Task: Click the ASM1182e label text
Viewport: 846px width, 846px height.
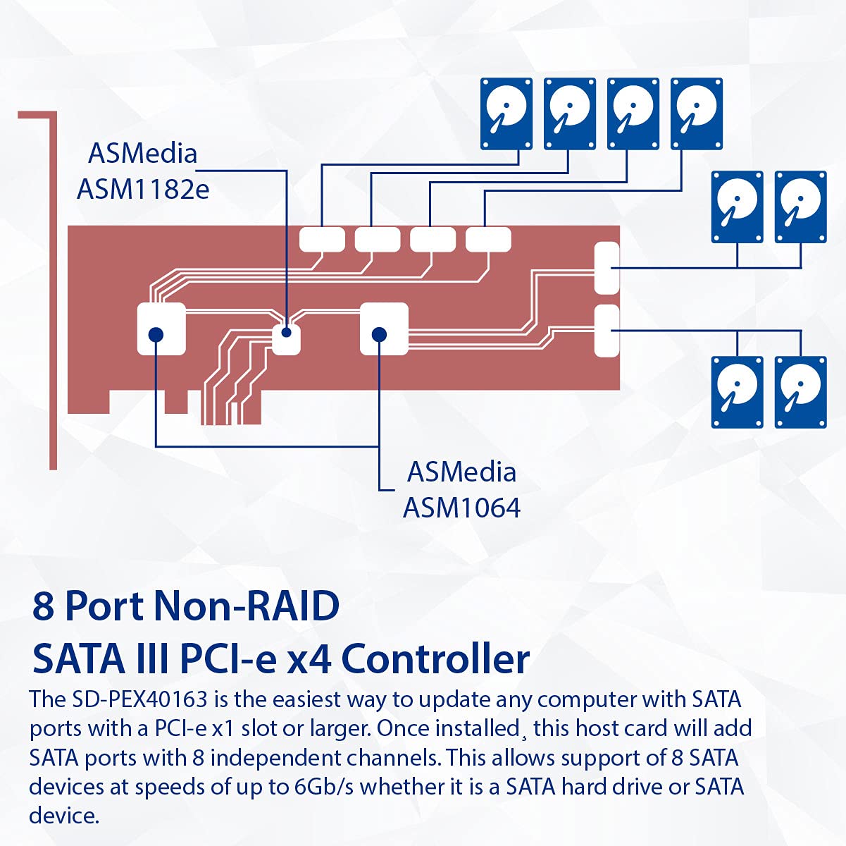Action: (143, 189)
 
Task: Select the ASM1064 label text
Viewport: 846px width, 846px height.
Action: (461, 507)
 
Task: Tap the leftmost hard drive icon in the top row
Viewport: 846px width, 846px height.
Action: (506, 114)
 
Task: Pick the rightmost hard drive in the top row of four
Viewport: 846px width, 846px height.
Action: (697, 114)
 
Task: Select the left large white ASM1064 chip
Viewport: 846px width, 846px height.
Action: (161, 329)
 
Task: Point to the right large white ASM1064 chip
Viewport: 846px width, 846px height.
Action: (384, 329)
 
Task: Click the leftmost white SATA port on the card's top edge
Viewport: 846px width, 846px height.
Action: (322, 240)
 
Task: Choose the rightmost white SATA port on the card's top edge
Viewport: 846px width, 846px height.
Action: (488, 240)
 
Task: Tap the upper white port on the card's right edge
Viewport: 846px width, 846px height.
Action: (606, 268)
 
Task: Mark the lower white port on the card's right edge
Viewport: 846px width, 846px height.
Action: (606, 331)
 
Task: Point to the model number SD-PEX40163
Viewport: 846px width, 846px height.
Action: (139, 699)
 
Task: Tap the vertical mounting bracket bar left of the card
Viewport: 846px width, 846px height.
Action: (53, 296)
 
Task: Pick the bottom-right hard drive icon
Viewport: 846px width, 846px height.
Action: (800, 392)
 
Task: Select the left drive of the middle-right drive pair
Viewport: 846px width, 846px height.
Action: (737, 207)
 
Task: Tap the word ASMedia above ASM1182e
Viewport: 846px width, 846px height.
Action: (143, 154)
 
